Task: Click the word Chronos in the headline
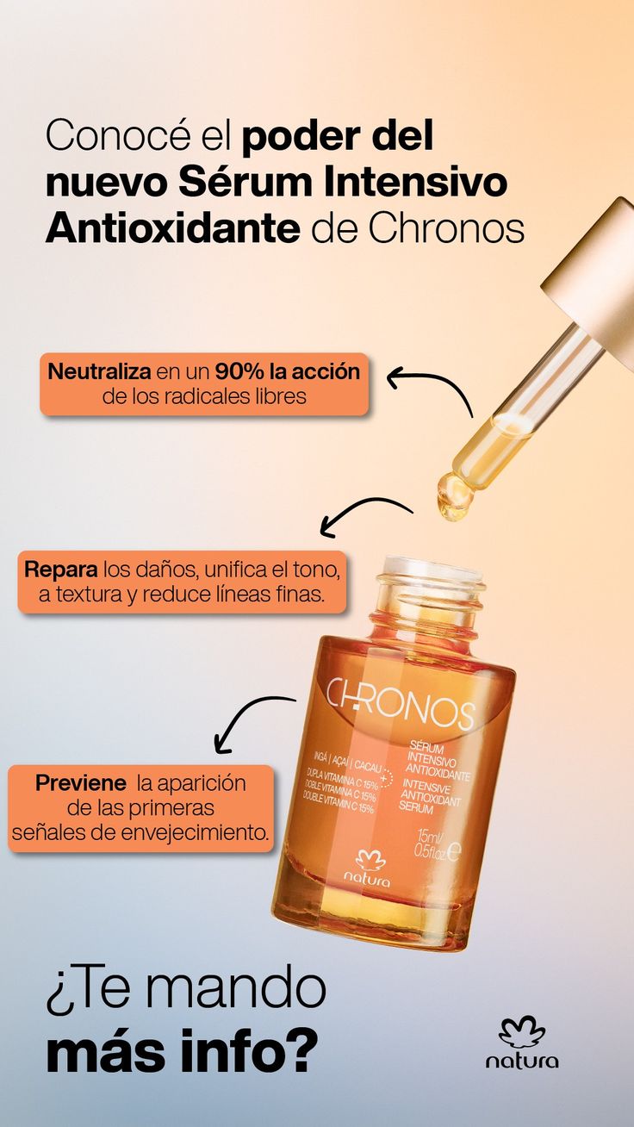pyautogui.click(x=446, y=229)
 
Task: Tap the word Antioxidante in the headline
pyautogui.click(x=172, y=229)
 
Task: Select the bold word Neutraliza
pyautogui.click(x=99, y=372)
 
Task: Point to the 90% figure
pyautogui.click(x=239, y=372)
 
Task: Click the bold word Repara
pyautogui.click(x=61, y=570)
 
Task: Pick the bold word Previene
pyautogui.click(x=81, y=783)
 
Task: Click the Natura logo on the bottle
pyautogui.click(x=368, y=870)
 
